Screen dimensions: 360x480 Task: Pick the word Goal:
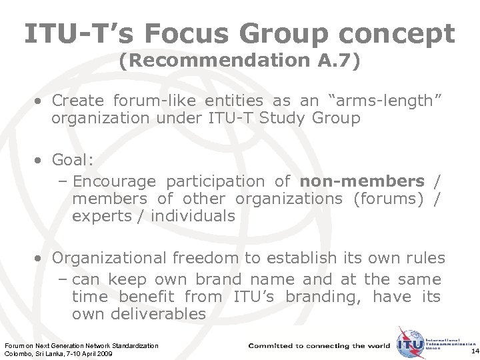(x=73, y=161)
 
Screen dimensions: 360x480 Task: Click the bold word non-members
(x=362, y=181)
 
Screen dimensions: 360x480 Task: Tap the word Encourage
(x=114, y=181)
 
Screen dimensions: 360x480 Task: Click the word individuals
(x=193, y=216)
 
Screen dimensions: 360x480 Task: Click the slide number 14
(x=474, y=351)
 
